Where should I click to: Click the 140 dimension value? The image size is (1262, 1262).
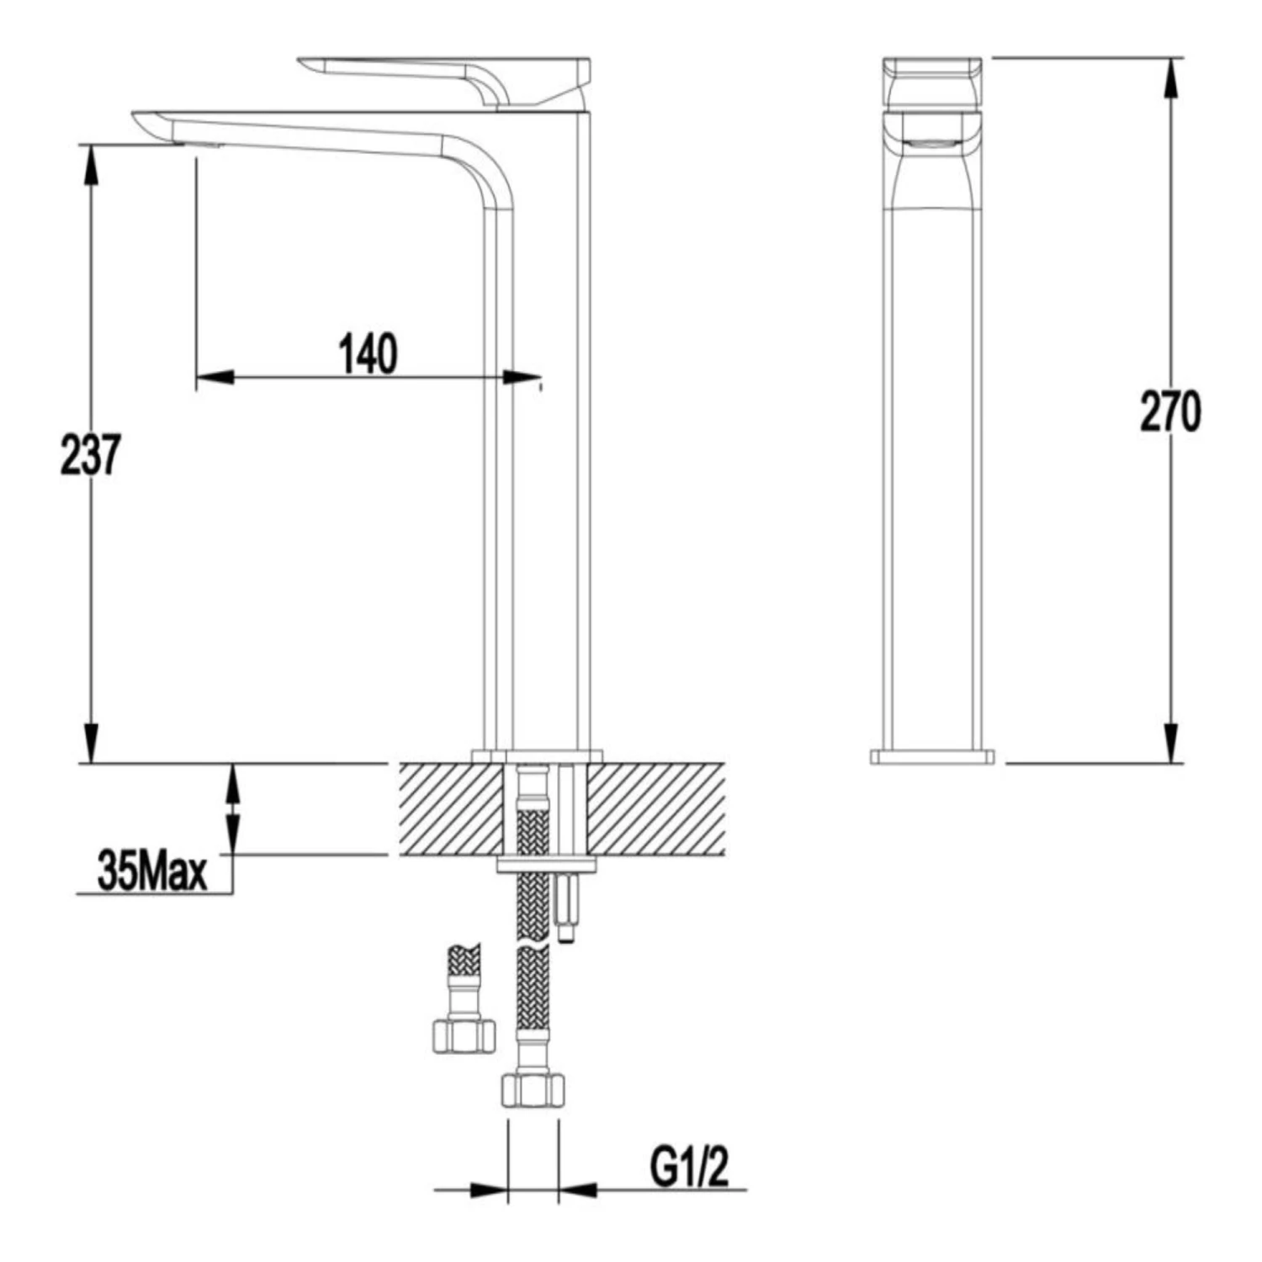[369, 354]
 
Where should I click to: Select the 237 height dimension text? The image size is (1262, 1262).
[91, 455]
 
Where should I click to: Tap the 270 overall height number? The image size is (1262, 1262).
[1170, 412]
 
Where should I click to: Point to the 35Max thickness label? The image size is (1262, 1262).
[152, 872]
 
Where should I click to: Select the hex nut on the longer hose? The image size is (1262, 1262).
[531, 1090]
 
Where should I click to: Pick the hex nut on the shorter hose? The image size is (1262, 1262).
[464, 1036]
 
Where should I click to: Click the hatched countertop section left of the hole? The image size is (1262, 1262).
[450, 809]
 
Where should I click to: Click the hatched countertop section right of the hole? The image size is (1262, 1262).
[656, 809]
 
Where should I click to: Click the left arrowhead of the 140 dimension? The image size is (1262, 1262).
[214, 377]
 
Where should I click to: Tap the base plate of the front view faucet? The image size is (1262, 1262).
[932, 756]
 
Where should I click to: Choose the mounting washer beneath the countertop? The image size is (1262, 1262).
[546, 864]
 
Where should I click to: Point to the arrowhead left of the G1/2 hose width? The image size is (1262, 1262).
[489, 1190]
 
